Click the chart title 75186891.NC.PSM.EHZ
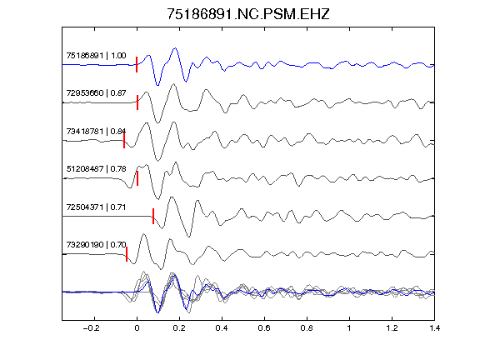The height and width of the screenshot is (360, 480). tap(248, 14)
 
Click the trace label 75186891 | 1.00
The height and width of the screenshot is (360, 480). tap(96, 56)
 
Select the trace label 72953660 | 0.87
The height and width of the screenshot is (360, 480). tap(96, 93)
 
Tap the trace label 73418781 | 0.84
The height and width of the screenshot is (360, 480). tap(96, 132)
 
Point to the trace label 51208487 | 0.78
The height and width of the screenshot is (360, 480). tap(96, 169)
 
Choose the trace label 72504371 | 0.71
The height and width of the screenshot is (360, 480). tap(96, 207)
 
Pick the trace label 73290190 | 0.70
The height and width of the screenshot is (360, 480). tap(96, 245)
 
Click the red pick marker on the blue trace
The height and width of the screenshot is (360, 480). tap(137, 65)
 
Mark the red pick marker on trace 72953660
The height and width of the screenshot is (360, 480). tap(137, 102)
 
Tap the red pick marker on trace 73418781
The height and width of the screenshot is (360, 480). tap(124, 140)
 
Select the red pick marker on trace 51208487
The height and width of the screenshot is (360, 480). tap(137, 178)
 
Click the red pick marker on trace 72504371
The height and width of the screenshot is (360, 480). tap(153, 216)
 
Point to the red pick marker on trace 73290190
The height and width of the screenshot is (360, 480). tap(127, 254)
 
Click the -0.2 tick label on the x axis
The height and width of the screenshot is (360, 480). tap(91, 328)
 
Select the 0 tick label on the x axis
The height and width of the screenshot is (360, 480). tap(137, 328)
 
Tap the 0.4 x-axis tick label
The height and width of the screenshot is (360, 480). tap(222, 328)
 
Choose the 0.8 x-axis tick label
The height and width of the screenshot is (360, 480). tap(307, 328)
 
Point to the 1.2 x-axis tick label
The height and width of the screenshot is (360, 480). tap(392, 328)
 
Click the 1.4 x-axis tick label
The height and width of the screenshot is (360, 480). tap(434, 328)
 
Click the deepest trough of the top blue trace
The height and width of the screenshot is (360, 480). tap(157, 85)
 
